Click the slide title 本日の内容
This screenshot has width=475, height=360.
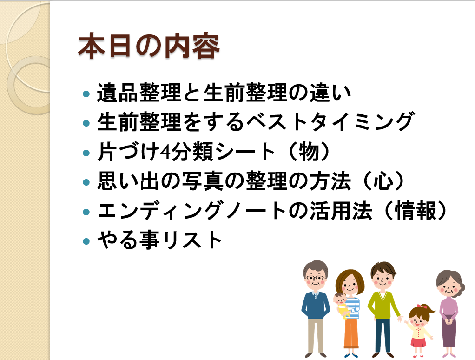point(149,46)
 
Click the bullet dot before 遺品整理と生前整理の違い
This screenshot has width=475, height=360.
point(86,93)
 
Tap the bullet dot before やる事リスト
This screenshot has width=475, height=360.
point(86,241)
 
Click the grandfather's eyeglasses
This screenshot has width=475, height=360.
point(316,278)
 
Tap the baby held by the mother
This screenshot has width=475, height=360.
point(342,305)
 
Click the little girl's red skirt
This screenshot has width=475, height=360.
point(418,342)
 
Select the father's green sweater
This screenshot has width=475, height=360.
point(383,305)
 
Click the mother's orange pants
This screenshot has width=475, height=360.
point(351,333)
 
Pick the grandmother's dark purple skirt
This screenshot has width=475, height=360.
point(449,332)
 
